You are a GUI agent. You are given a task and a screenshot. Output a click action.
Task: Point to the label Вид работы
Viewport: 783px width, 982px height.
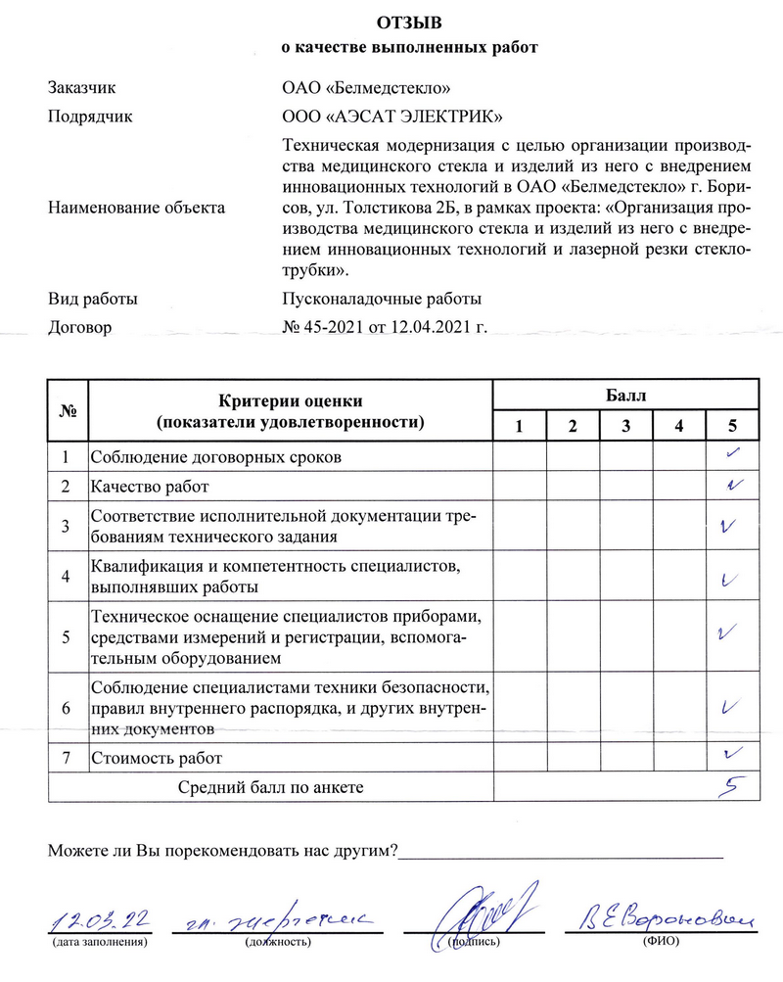point(93,299)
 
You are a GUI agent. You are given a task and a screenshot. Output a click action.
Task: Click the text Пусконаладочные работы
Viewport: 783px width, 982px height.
point(381,299)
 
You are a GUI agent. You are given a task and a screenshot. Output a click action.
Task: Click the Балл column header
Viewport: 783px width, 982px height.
point(626,397)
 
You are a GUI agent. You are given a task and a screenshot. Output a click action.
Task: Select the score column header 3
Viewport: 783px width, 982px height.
point(625,426)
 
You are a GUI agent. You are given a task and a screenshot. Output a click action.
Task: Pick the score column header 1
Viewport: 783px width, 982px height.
point(519,426)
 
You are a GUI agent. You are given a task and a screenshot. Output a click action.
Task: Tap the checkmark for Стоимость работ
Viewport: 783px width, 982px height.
point(730,754)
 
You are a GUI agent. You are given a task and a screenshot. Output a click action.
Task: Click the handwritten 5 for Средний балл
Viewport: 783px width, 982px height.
point(728,784)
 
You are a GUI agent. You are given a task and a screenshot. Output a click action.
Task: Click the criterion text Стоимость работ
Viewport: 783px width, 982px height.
point(157,758)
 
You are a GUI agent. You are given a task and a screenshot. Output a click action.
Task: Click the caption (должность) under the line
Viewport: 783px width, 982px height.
point(278,942)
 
